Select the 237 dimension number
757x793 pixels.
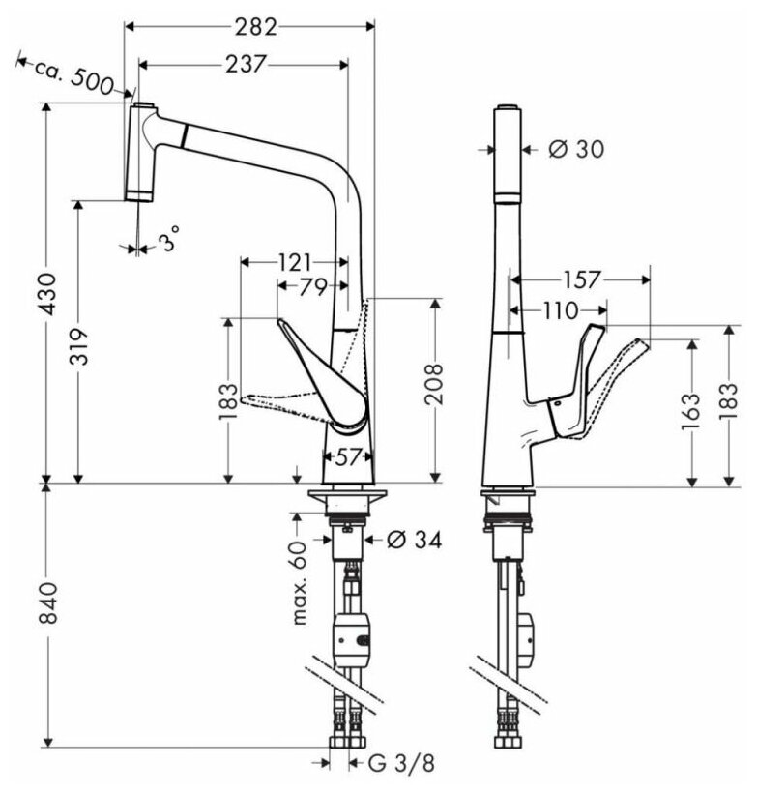247,64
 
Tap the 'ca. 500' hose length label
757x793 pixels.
73,74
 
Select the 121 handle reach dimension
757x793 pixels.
293,262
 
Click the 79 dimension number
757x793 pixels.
312,286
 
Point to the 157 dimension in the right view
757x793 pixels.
580,279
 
